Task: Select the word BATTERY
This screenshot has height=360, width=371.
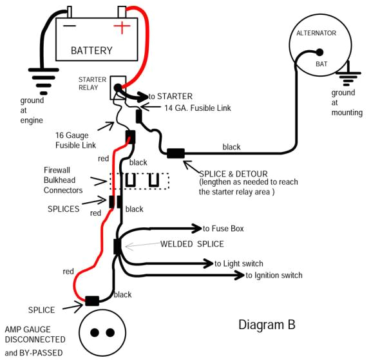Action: click(x=91, y=50)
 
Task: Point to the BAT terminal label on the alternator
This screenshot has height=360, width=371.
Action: click(x=321, y=64)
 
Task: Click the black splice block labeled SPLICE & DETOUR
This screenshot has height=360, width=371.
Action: click(x=175, y=153)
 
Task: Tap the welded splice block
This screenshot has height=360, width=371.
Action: click(x=117, y=246)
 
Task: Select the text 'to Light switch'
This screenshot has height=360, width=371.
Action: click(x=248, y=263)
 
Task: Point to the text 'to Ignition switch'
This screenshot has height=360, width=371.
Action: click(x=274, y=276)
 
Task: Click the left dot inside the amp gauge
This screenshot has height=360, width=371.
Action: click(x=94, y=333)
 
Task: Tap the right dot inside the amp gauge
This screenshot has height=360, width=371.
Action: click(x=111, y=333)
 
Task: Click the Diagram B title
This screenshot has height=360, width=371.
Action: click(x=267, y=324)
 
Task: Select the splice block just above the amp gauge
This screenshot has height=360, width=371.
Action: click(x=92, y=301)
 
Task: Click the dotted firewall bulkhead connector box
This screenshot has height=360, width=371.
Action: click(x=139, y=181)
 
